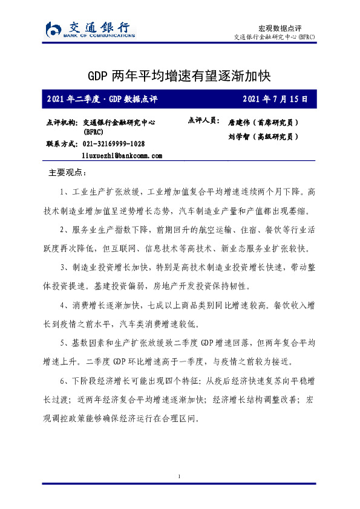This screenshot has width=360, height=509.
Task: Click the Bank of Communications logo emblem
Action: click(53, 29)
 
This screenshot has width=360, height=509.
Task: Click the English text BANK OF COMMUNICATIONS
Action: click(99, 36)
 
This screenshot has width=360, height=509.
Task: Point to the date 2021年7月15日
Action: click(275, 99)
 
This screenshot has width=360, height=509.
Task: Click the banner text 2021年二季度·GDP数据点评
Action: click(102, 99)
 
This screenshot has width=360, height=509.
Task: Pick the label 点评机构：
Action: click(62, 122)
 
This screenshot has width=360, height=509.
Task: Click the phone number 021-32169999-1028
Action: click(114, 144)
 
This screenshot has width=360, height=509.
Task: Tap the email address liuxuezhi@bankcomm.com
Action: click(122, 156)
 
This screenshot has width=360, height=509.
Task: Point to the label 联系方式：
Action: click(62, 144)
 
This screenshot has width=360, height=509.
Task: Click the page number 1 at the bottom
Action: click(180, 478)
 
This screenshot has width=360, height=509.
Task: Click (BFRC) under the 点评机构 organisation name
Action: click(94, 132)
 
